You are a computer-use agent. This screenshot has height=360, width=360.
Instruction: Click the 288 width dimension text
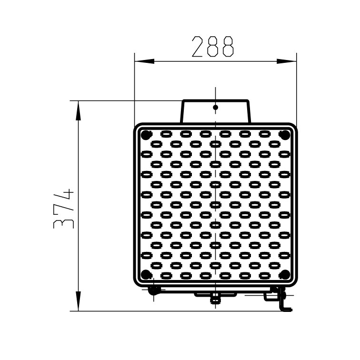[x=213, y=46]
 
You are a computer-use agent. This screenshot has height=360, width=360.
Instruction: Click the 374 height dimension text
[x=63, y=209]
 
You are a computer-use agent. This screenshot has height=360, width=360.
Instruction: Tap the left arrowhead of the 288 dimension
[x=144, y=61]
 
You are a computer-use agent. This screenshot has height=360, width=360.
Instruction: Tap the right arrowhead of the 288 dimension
[x=287, y=61]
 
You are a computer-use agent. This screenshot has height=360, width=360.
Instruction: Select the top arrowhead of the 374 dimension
[x=78, y=110]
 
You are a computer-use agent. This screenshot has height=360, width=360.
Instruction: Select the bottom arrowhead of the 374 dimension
[x=78, y=301]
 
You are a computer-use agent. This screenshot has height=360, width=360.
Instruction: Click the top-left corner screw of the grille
[x=146, y=135]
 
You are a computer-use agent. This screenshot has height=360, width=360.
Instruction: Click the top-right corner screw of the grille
[x=285, y=135]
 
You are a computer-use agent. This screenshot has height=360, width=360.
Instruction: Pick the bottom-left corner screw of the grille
[x=146, y=274]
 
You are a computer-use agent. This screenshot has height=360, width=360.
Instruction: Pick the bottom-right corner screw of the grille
[x=285, y=274]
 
